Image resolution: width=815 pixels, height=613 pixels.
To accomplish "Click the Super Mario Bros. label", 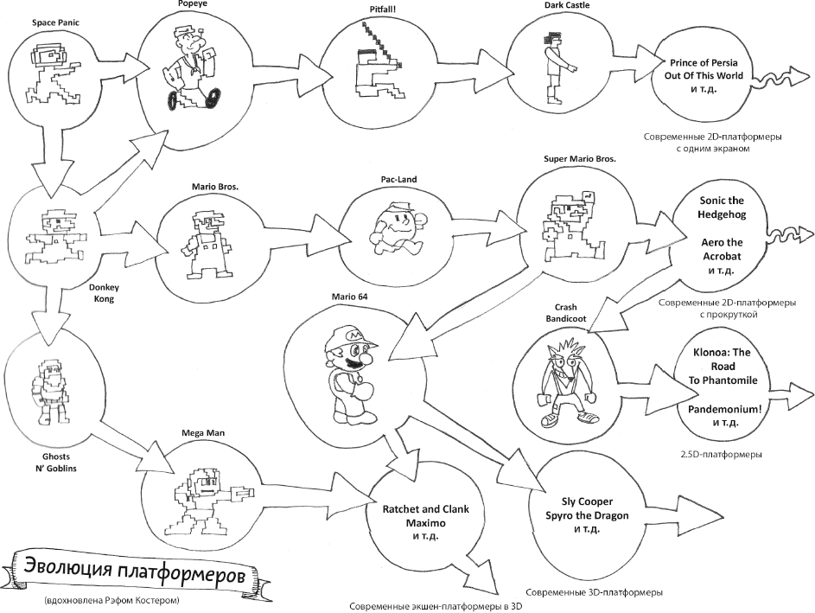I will click(572, 160).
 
